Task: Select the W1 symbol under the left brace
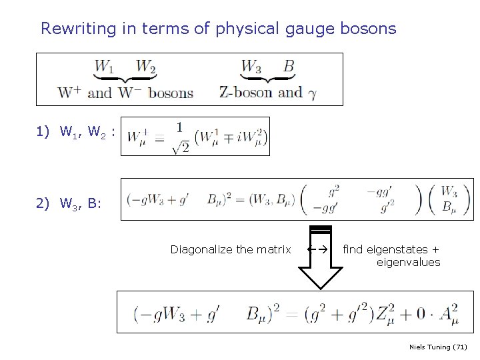[x=104, y=67]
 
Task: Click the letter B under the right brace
[x=288, y=67]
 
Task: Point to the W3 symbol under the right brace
[x=251, y=67]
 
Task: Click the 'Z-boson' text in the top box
[x=245, y=92]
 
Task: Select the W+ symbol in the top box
[x=70, y=92]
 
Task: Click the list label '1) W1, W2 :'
[x=76, y=132]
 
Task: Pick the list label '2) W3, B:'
[x=69, y=203]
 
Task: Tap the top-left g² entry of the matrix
[x=333, y=190]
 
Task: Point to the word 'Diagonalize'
[x=201, y=250]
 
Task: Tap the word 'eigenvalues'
[x=408, y=262]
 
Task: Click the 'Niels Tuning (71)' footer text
[x=438, y=347]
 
